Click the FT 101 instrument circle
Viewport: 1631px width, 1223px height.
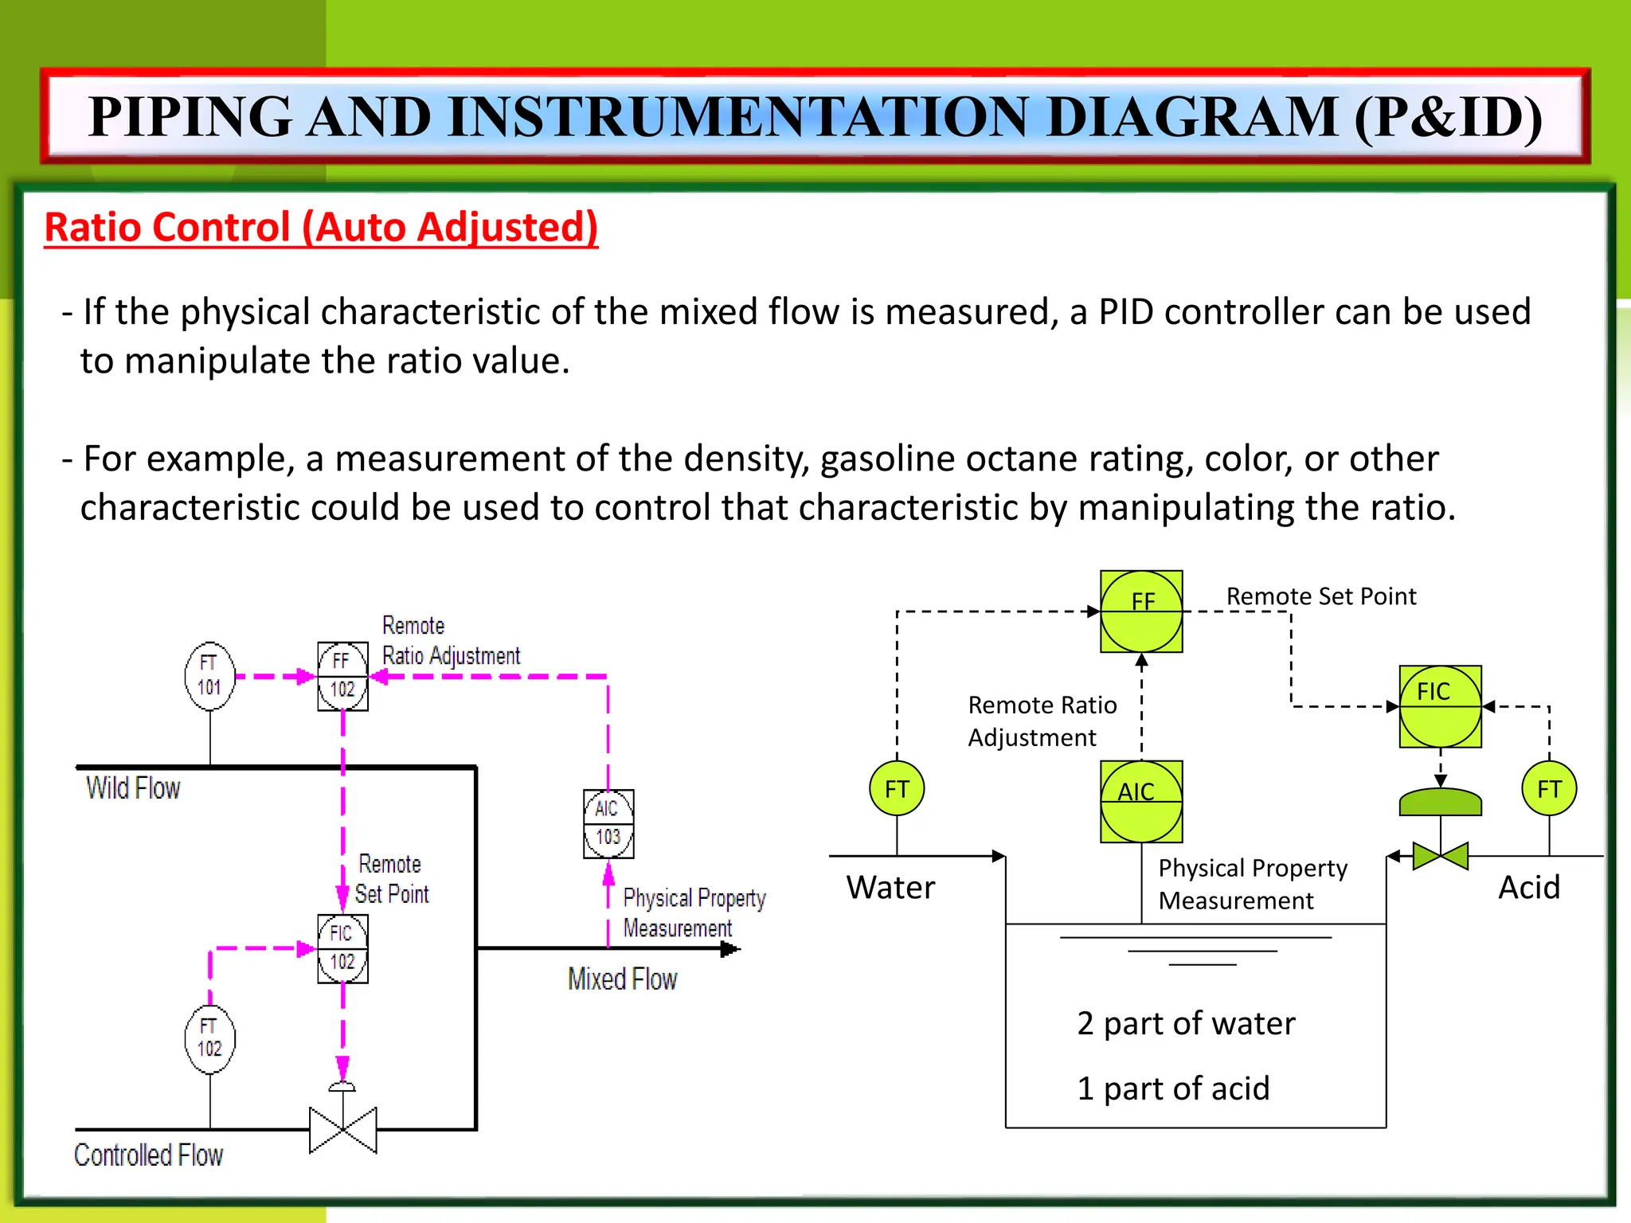click(x=209, y=676)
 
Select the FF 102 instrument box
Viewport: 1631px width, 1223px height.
click(x=342, y=676)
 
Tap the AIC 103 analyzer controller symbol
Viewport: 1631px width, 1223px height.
click(x=608, y=823)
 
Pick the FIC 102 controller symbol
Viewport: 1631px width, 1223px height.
click(x=342, y=948)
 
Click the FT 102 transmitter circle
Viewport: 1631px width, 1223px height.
click(x=209, y=1038)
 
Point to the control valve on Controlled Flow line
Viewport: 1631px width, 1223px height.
click(x=342, y=1128)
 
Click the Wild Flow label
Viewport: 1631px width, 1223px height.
click(x=133, y=788)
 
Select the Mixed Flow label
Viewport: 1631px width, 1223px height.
click(x=622, y=979)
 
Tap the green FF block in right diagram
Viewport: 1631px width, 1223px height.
click(x=1141, y=611)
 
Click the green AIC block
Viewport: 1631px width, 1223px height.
click(x=1141, y=802)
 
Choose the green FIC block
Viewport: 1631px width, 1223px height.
click(x=1440, y=706)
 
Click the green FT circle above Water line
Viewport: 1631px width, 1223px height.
click(x=897, y=788)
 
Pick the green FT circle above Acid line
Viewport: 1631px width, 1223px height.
click(x=1549, y=788)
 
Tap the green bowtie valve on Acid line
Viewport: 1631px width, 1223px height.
click(x=1440, y=856)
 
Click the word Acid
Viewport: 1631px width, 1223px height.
click(x=1528, y=887)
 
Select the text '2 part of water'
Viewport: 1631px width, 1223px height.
click(x=1185, y=1024)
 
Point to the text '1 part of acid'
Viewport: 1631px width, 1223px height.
click(x=1172, y=1088)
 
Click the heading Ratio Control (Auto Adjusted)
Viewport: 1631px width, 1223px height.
click(x=321, y=228)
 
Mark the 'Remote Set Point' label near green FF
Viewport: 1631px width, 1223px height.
click(x=1320, y=596)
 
